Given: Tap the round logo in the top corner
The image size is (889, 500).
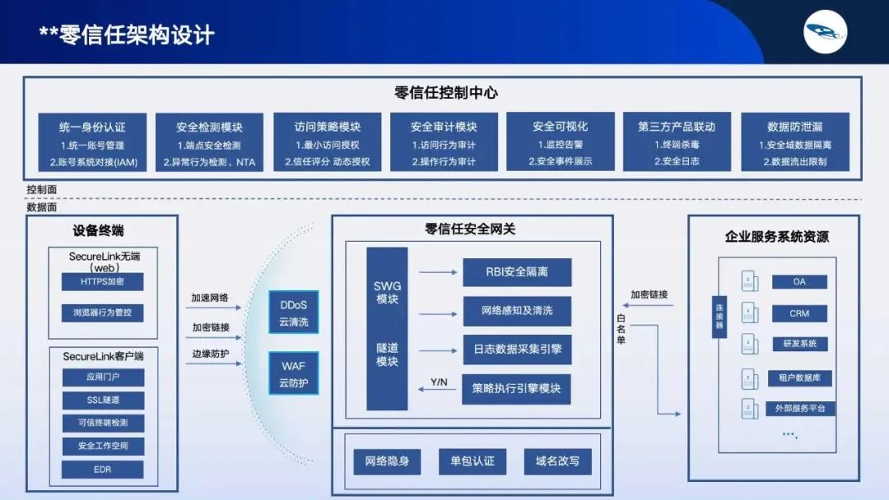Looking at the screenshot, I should tap(826, 32).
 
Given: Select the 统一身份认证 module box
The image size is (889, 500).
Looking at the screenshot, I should tap(92, 142).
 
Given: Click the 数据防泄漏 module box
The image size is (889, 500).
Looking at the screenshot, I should tap(794, 142).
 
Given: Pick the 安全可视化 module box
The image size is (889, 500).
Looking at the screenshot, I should tap(560, 141).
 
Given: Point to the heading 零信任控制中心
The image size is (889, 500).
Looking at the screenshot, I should tap(446, 93).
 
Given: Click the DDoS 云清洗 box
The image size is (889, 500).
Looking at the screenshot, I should tap(294, 312).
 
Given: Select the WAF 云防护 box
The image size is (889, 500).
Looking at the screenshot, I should tap(294, 374).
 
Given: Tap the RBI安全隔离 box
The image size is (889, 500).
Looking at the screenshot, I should tap(516, 272).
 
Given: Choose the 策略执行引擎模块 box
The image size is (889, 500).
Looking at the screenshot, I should tap(516, 388).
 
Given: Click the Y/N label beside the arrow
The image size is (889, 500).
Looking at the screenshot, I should tap(440, 382).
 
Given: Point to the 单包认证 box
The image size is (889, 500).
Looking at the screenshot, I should tap(467, 461).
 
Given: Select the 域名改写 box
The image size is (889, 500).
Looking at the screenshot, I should tap(557, 461).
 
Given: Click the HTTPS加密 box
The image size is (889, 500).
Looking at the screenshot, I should tap(102, 281).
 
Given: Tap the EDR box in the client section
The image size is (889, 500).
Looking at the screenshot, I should tap(102, 470).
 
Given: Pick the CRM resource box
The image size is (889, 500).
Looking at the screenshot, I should tap(799, 313).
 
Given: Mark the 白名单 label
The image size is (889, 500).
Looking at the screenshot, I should tap(621, 328).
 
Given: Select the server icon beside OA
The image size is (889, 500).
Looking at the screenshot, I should tap(748, 281).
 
